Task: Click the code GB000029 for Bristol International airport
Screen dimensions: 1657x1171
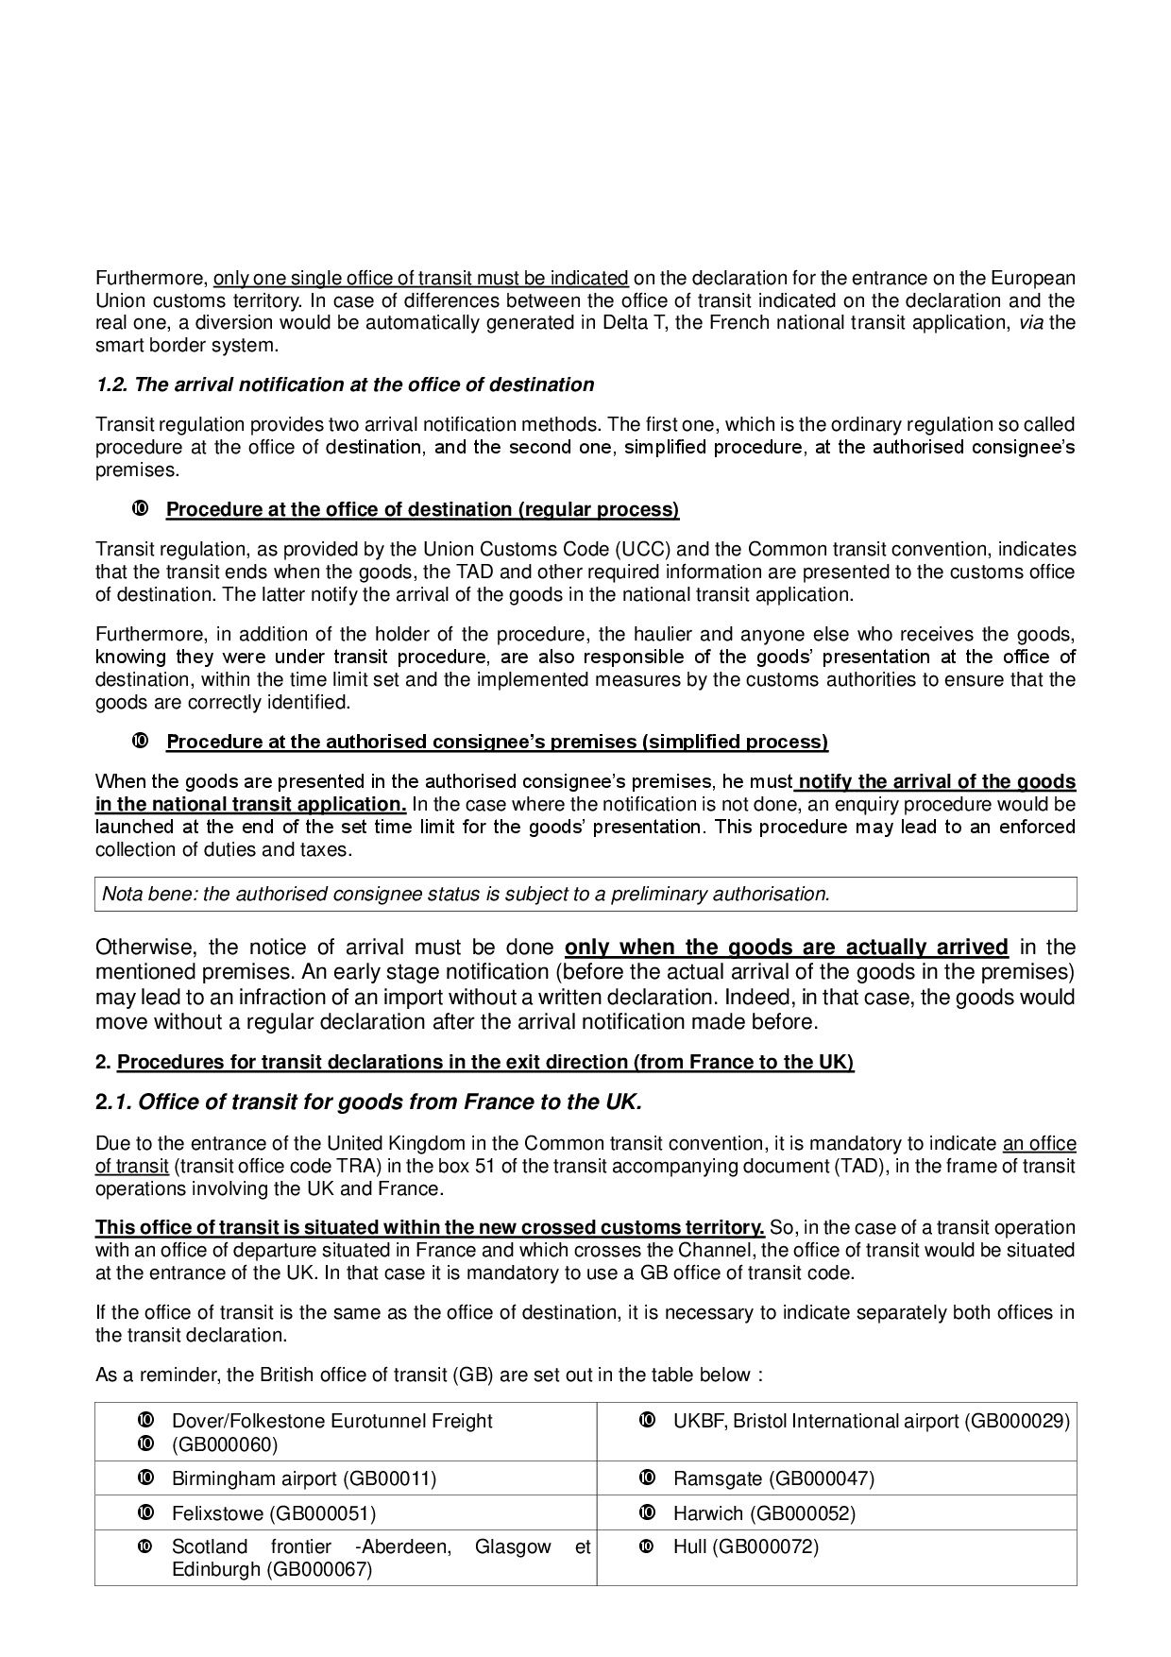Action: point(1017,1421)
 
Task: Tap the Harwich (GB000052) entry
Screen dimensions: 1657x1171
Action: point(764,1513)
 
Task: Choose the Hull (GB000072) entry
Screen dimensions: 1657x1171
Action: point(745,1546)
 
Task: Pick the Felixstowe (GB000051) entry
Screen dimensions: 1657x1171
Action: point(273,1513)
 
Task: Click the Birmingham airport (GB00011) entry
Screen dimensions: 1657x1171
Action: point(303,1478)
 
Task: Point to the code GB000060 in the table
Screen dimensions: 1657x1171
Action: point(225,1444)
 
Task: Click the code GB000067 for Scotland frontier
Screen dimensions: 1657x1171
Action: point(319,1569)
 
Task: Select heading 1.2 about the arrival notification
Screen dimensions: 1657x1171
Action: point(345,384)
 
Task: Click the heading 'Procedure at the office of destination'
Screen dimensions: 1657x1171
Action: point(422,510)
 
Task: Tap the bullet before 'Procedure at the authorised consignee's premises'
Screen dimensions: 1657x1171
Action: point(139,741)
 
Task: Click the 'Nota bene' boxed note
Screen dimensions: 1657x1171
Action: point(585,894)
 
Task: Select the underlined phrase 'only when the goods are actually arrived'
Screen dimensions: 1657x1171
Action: point(786,948)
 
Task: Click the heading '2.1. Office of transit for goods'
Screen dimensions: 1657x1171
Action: point(368,1102)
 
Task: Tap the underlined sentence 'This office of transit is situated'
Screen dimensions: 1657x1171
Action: point(430,1227)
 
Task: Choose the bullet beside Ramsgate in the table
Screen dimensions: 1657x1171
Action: point(647,1478)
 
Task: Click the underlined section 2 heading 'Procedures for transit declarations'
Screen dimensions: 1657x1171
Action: point(485,1062)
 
